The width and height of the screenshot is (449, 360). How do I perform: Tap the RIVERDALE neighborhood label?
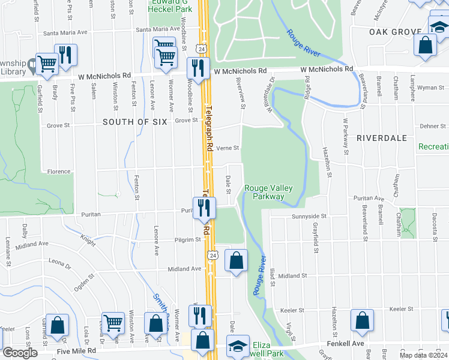(x=382, y=137)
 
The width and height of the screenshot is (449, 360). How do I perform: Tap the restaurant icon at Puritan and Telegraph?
(x=205, y=208)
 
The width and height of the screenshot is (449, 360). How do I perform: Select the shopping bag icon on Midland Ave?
(x=237, y=260)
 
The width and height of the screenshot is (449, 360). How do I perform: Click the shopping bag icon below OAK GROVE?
(x=425, y=45)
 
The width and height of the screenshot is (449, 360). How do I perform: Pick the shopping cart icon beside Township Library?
(x=47, y=63)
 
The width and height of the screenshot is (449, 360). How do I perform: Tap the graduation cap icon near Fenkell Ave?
(x=238, y=346)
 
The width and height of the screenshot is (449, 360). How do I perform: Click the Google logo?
(x=19, y=352)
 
